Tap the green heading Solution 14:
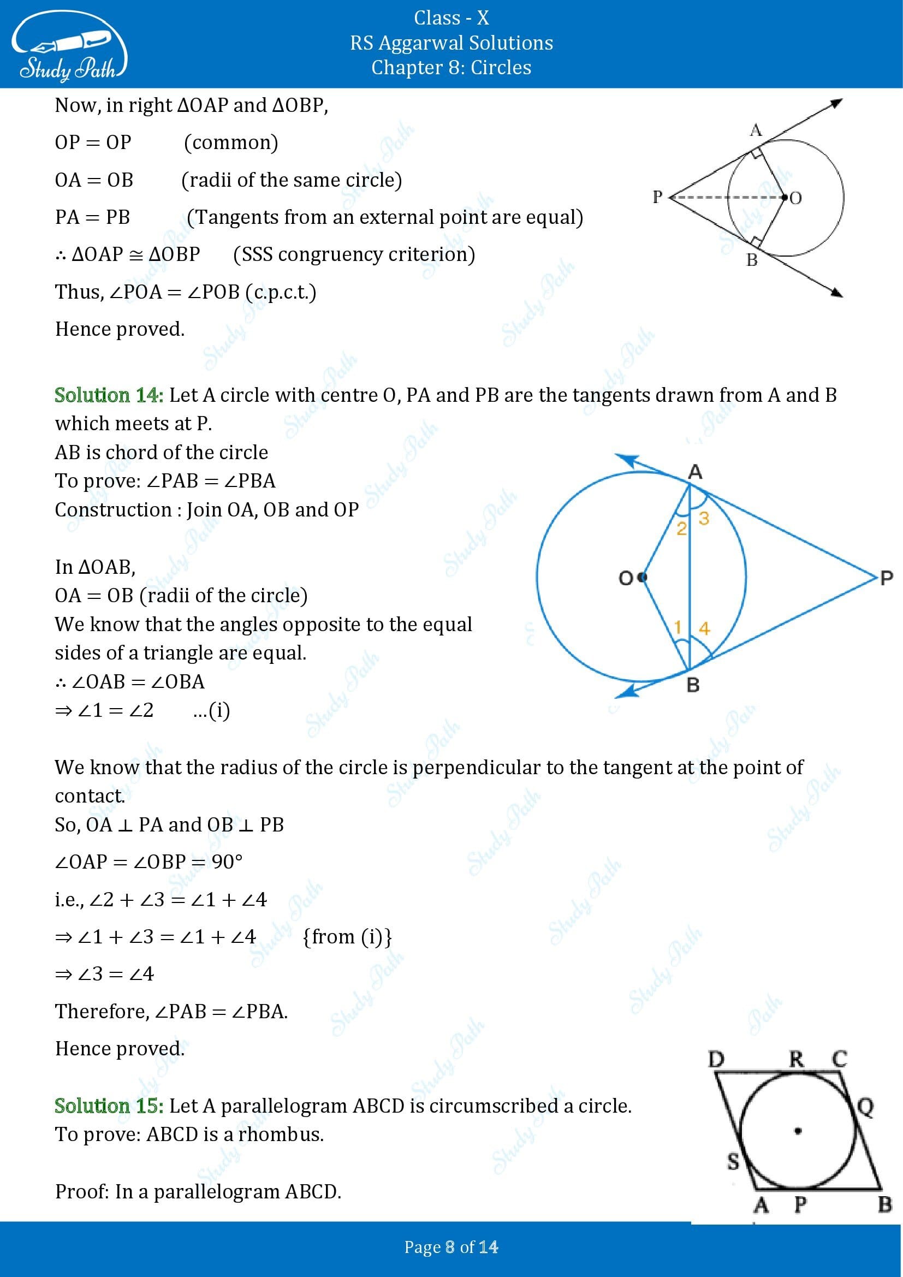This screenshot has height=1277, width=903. coord(109,395)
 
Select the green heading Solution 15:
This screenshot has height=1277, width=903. coord(109,1106)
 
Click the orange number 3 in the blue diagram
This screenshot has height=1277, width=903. coord(704,518)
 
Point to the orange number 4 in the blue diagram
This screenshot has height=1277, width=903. coord(704,628)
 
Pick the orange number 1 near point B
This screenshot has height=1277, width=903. coord(678,627)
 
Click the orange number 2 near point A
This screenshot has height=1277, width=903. coord(681,528)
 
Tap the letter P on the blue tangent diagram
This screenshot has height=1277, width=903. coord(887,578)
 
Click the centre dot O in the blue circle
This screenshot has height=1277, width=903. coord(643,577)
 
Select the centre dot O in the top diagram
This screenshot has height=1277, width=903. coord(785,197)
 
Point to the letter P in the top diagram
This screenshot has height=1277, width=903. coord(658,197)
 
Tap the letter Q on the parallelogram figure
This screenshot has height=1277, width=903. coord(866,1107)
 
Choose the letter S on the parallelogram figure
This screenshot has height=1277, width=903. coord(733,1161)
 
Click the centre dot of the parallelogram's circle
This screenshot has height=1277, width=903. coord(798,1130)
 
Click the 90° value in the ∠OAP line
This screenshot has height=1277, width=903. coord(227,862)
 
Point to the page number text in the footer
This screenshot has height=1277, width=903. coord(451,1248)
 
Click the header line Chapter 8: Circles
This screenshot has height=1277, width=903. coord(451,68)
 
